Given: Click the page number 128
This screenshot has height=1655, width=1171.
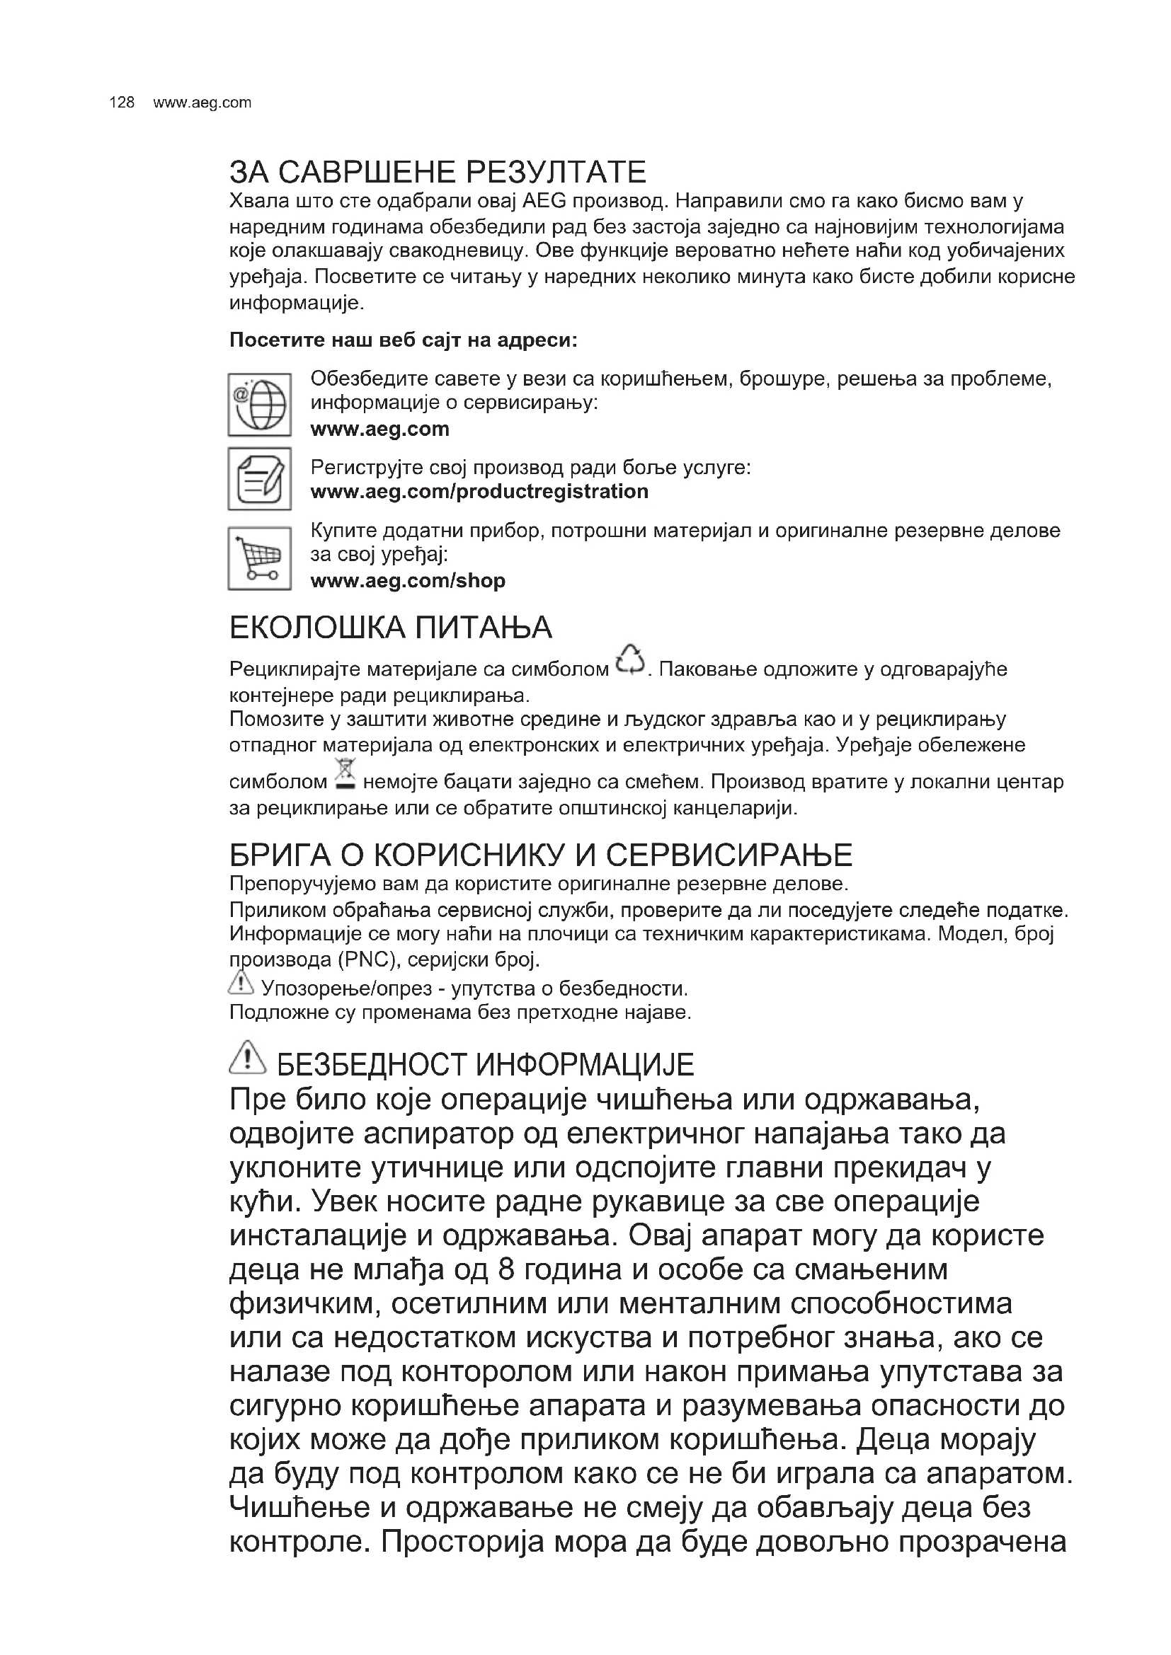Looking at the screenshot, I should pos(122,103).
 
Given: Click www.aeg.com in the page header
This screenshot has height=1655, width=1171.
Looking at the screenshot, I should pos(202,103).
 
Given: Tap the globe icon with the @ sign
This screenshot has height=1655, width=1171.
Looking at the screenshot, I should pos(260,405).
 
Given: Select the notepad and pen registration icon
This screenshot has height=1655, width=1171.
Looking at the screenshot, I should pos(260,478).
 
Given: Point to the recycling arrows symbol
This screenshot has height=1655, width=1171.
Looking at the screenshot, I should pos(630,659).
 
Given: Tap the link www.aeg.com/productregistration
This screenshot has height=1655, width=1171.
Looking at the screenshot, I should pos(479,492).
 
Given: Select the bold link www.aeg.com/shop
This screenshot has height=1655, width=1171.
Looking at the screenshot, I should pos(408,580).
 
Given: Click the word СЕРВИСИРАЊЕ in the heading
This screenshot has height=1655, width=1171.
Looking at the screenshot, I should pos(729,855).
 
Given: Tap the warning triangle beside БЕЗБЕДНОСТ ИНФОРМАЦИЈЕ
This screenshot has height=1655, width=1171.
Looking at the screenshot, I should pos(247,1056).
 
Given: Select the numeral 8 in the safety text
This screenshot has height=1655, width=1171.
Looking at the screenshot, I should pos(506,1269).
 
